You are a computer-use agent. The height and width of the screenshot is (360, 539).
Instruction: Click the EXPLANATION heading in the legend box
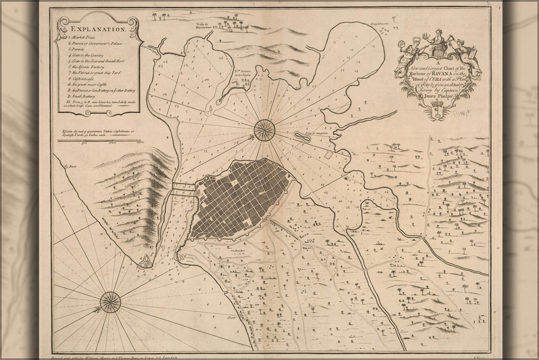97,30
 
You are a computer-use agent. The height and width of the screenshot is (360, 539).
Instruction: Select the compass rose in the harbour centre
264,130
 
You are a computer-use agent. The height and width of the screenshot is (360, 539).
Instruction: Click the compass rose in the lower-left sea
110,302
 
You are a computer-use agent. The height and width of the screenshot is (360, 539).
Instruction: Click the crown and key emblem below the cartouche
438,111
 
